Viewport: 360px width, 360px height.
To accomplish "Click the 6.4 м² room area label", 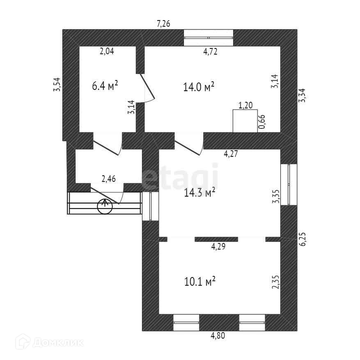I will point(105,86).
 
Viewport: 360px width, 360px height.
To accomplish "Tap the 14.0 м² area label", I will point(199,87).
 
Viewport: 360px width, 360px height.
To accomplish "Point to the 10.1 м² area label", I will point(199,282).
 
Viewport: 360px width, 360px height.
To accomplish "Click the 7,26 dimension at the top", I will point(163,23).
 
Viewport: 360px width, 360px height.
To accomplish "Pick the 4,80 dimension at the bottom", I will point(218,336).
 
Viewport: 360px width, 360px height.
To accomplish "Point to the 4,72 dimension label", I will point(210,51).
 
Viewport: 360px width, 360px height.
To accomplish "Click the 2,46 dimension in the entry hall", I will point(108,179).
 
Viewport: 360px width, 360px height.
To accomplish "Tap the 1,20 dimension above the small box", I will point(245,105).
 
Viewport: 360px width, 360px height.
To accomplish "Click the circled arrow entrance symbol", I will point(105,206).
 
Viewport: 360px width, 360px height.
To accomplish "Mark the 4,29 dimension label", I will point(218,247).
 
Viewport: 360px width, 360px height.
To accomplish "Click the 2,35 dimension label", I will point(275,282).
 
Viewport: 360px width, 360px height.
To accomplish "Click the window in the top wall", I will point(209,38).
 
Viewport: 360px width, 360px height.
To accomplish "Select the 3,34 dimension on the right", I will point(303,96).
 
